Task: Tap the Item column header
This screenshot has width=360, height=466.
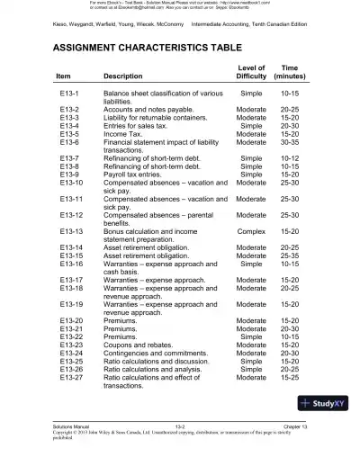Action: pyautogui.click(x=64, y=76)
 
